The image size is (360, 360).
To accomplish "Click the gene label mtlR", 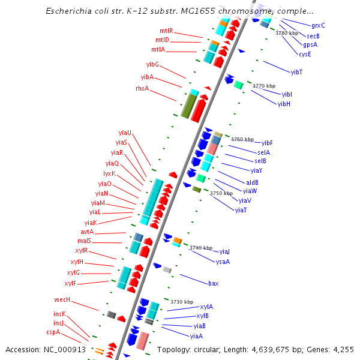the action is click(x=166, y=31).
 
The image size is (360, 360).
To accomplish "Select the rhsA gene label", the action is click(x=142, y=88).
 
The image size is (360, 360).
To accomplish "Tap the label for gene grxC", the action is click(x=318, y=25).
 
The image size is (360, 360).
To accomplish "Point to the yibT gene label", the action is click(x=296, y=72).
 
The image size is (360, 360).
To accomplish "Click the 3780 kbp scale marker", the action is click(x=287, y=33).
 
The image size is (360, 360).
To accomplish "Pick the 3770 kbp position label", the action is click(x=264, y=86).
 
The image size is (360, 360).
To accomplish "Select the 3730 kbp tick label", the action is click(x=182, y=302).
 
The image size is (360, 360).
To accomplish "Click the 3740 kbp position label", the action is click(x=201, y=247).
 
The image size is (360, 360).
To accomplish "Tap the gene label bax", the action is click(x=213, y=283).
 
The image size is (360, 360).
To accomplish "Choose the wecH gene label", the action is click(x=62, y=299).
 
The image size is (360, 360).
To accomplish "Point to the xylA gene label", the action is click(x=206, y=307).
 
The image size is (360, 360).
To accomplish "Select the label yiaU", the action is click(x=125, y=133).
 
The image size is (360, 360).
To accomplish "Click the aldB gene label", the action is click(x=252, y=182).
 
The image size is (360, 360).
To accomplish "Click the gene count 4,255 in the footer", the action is click(x=342, y=349).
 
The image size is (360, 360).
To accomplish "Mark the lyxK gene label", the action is click(x=109, y=173).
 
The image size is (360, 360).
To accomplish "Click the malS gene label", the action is click(x=84, y=241).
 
